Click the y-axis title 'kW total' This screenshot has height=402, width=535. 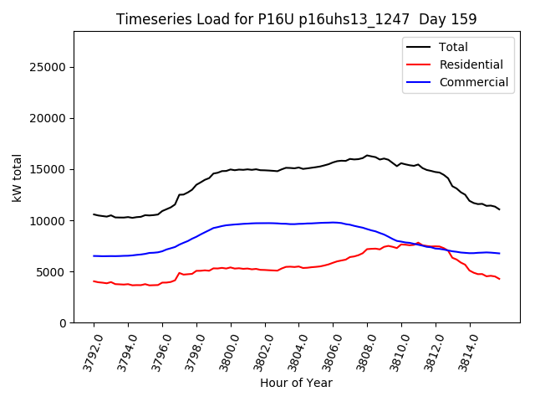coord(18,177)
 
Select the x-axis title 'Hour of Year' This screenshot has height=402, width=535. coord(296,383)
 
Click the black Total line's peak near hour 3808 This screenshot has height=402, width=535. coord(367,155)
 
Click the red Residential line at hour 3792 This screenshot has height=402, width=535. coord(94,281)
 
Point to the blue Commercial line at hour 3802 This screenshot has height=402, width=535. coord(265,223)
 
